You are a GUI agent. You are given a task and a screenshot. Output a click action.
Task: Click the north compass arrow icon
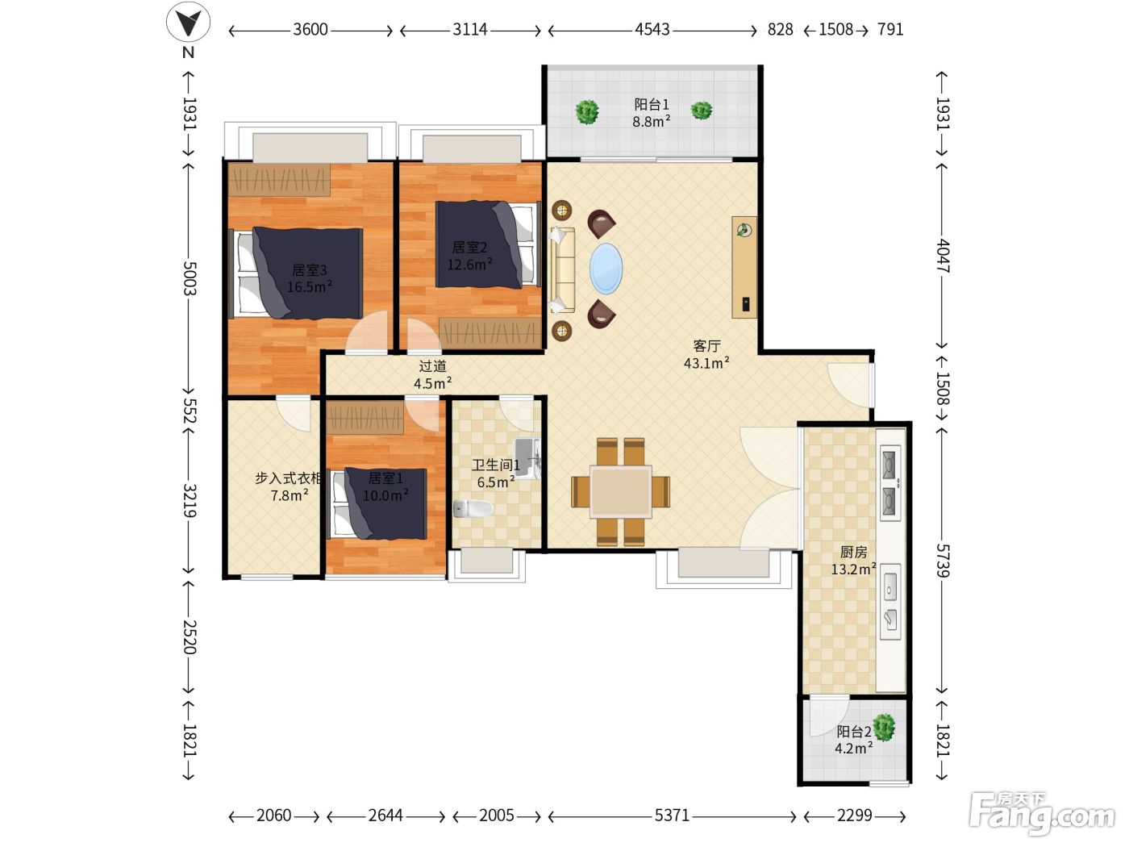click(x=188, y=23)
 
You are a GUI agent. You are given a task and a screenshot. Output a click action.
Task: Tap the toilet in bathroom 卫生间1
click(x=473, y=508)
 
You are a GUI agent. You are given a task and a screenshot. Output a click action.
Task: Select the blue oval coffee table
click(x=606, y=269)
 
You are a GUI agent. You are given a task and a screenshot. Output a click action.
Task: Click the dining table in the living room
click(x=621, y=491)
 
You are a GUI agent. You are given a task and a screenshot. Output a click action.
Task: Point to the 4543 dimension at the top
click(x=652, y=29)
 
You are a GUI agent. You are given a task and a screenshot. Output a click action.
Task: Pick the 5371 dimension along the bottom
click(x=672, y=815)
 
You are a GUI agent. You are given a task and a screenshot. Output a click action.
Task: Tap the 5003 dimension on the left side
click(x=190, y=278)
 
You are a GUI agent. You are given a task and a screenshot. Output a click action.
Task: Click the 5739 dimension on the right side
click(x=942, y=561)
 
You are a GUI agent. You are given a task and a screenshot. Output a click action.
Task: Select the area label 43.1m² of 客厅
click(x=706, y=363)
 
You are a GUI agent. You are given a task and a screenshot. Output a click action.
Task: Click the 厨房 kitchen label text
click(x=853, y=552)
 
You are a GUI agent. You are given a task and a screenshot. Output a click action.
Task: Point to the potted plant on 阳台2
click(x=884, y=728)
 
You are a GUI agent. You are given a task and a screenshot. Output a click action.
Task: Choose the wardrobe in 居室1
click(x=365, y=418)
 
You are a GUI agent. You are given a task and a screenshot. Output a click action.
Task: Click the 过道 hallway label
click(x=432, y=366)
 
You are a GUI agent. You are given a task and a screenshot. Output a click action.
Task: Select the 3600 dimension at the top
click(x=310, y=29)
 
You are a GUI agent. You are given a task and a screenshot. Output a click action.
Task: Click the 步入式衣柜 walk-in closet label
click(x=289, y=478)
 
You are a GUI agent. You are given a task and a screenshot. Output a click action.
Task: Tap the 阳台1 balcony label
click(x=651, y=104)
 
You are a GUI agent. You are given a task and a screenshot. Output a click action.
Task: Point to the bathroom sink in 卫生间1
click(x=527, y=458)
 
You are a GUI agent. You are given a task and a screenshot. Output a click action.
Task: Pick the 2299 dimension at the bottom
click(x=854, y=815)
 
